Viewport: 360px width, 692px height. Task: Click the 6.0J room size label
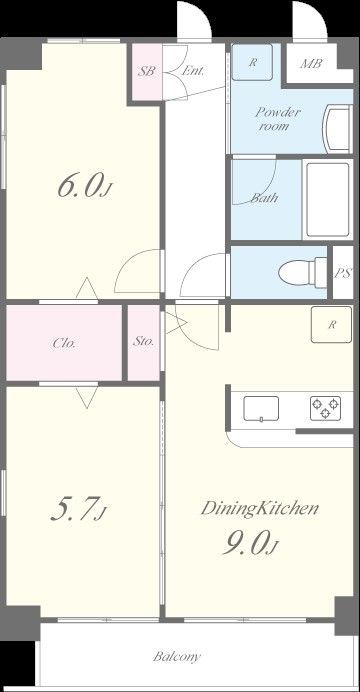83,186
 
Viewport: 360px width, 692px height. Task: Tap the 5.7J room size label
79,509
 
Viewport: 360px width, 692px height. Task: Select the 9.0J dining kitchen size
249,543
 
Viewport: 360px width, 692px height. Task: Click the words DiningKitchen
259,508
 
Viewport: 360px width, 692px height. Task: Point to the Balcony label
177,657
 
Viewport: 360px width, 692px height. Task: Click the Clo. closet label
64,343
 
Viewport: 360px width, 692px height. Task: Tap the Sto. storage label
144,341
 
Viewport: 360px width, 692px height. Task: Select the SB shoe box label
146,71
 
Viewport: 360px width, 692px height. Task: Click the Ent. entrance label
193,71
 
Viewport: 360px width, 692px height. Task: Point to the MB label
311,64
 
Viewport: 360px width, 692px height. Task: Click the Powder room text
278,119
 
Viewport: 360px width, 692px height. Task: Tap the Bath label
264,198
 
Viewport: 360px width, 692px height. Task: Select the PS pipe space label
343,273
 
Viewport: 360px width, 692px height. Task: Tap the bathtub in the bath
328,199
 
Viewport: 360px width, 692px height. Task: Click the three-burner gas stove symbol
325,408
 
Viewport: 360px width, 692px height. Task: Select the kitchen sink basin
261,409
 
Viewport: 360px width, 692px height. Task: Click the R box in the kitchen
331,324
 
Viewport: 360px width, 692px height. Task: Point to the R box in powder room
252,62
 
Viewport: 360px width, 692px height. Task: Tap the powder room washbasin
338,128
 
